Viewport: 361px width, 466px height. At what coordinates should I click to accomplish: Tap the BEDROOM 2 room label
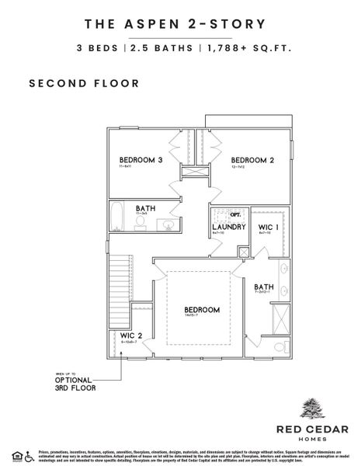252,160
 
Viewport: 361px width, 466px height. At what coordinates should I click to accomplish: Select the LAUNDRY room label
229,227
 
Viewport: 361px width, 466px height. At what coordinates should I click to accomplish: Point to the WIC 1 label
268,227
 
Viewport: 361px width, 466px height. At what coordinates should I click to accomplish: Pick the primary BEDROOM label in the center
202,310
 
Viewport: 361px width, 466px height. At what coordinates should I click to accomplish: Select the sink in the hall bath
167,224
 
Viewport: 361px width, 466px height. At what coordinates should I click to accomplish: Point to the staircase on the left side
119,283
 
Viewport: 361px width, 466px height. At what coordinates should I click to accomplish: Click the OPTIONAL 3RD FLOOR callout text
75,383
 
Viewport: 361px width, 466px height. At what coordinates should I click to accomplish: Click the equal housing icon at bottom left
16,454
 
